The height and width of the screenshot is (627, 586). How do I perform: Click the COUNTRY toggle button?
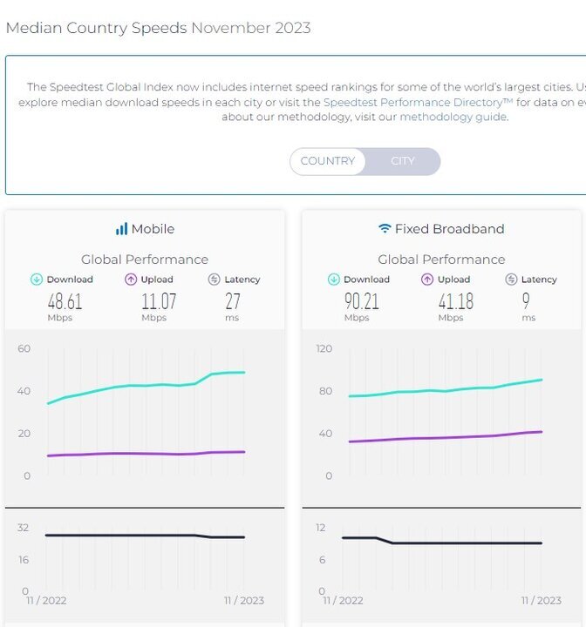pyautogui.click(x=327, y=161)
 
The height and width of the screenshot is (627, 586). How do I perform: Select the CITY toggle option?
pyautogui.click(x=402, y=161)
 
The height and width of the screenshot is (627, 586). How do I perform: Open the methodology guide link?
pyautogui.click(x=453, y=117)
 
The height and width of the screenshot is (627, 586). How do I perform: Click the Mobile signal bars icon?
pyautogui.click(x=121, y=229)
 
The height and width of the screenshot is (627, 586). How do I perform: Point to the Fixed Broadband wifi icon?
pyautogui.click(x=384, y=229)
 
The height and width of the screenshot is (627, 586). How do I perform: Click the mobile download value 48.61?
pyautogui.click(x=65, y=301)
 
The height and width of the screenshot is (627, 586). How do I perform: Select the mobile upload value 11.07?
pyautogui.click(x=159, y=301)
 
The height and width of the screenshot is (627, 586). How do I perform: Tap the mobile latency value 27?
pyautogui.click(x=234, y=301)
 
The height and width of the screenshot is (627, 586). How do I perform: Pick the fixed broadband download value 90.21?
pyautogui.click(x=361, y=301)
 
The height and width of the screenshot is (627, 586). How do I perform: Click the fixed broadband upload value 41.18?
pyautogui.click(x=455, y=301)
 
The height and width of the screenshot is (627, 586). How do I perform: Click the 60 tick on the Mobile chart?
pyautogui.click(x=24, y=348)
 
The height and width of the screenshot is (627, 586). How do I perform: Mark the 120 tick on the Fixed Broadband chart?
pyautogui.click(x=324, y=348)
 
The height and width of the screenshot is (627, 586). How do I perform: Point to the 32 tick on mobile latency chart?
pyautogui.click(x=24, y=528)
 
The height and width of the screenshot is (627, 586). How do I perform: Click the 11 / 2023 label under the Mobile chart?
pyautogui.click(x=244, y=600)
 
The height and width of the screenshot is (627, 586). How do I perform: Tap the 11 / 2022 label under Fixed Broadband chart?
pyautogui.click(x=343, y=600)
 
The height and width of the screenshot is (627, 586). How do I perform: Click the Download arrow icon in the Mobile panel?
pyautogui.click(x=37, y=280)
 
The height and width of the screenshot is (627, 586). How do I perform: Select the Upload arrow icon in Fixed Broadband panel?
pyautogui.click(x=427, y=280)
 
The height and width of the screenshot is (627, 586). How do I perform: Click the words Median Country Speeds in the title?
pyautogui.click(x=96, y=28)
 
